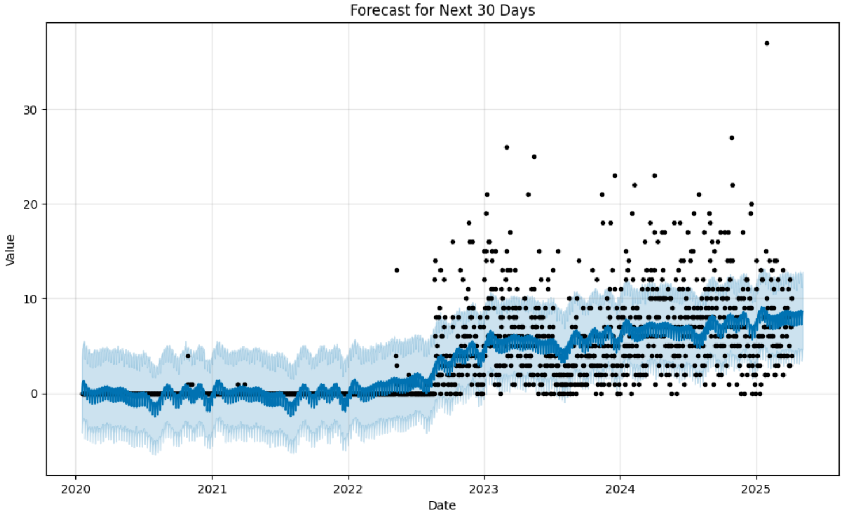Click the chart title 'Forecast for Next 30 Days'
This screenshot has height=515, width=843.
[442, 10]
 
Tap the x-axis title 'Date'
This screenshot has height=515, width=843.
[442, 505]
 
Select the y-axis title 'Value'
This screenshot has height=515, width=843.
[10, 250]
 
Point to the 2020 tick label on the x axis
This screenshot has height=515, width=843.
[75, 489]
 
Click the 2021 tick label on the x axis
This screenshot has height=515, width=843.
[212, 489]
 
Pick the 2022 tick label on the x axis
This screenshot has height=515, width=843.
[348, 489]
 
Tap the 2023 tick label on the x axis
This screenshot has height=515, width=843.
[484, 489]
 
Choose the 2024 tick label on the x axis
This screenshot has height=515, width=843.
[620, 489]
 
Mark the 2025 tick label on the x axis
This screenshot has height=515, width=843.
[756, 489]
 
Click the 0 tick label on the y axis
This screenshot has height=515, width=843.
[34, 394]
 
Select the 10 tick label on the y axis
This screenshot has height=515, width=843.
[30, 299]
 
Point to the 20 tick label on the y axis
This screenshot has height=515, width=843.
[30, 204]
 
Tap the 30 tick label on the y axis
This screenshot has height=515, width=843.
[30, 110]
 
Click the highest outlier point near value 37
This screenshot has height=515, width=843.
[766, 43]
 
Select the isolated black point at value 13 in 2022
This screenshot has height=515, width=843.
[396, 270]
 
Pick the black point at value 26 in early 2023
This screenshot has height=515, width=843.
[506, 147]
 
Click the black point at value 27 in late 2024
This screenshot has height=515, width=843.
[731, 138]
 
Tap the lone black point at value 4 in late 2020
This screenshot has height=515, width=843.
[188, 356]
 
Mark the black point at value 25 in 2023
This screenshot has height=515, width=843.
[534, 157]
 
